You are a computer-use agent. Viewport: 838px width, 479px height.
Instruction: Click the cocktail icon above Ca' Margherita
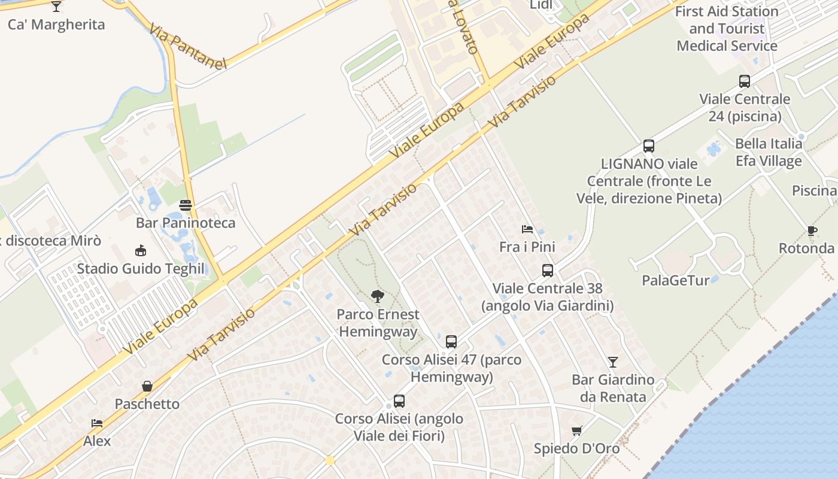click(56, 7)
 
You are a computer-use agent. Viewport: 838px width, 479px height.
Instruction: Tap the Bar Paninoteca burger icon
click(186, 205)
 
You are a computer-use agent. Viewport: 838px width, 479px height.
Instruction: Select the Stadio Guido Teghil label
click(141, 268)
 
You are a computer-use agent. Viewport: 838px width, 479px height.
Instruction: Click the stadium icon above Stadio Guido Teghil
click(141, 250)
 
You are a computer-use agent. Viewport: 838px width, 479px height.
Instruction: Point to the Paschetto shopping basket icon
click(147, 386)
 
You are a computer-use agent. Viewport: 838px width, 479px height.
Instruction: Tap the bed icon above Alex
click(97, 423)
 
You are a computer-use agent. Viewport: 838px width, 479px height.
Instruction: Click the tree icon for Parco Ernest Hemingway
click(377, 296)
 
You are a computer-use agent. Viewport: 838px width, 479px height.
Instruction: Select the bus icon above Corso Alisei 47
click(451, 342)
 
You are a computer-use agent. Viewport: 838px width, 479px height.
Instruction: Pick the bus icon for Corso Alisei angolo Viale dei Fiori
click(399, 401)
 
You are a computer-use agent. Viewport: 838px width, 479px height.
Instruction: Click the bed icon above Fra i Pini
click(527, 229)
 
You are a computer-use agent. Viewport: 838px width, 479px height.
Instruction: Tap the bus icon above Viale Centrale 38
click(548, 271)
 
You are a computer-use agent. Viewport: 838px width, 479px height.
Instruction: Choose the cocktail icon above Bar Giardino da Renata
click(613, 362)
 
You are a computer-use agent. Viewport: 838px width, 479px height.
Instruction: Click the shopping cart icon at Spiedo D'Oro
click(577, 431)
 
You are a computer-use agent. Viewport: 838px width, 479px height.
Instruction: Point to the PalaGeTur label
click(676, 280)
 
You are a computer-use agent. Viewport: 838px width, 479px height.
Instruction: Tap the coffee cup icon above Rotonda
click(812, 231)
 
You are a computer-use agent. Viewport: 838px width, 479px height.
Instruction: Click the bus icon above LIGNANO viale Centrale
click(649, 145)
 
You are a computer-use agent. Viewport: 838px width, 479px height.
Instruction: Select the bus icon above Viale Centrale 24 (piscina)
click(745, 81)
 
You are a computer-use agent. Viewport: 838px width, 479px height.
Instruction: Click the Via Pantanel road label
click(188, 47)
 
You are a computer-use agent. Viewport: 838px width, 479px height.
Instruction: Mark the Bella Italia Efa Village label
click(769, 152)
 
